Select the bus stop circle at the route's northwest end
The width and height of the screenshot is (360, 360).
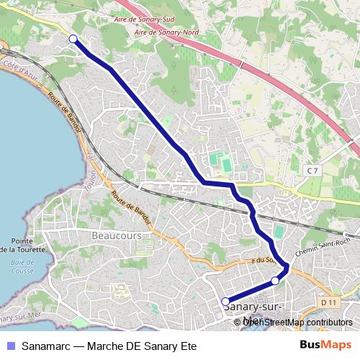[x=73, y=39]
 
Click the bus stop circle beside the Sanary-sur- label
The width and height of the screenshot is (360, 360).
[x=225, y=302]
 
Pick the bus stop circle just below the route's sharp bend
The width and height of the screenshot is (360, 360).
[x=275, y=281]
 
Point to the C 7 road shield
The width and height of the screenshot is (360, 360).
[x=312, y=171]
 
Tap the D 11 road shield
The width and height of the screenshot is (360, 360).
[x=329, y=302]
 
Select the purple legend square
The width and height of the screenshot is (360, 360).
[x=9, y=346]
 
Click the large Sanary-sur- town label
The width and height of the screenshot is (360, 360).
[x=252, y=307]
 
